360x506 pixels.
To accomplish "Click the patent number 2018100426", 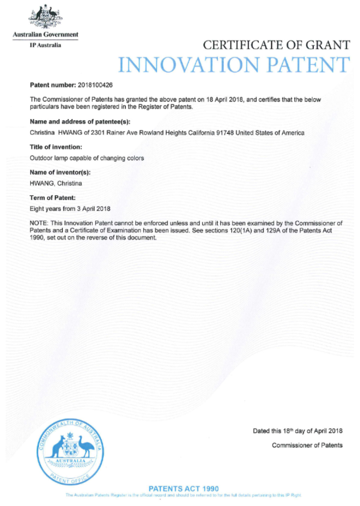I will [x=95, y=85].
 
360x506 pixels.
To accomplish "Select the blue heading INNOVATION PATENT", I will [x=233, y=65].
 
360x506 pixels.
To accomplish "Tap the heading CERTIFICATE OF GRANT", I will [x=276, y=45].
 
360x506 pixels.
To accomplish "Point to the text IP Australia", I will [x=45, y=45].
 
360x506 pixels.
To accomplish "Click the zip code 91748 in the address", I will [x=224, y=133].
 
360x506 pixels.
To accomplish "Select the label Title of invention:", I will [x=56, y=147].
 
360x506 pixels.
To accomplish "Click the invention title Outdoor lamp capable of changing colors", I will [x=87, y=158].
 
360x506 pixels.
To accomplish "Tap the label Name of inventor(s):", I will [x=60, y=172].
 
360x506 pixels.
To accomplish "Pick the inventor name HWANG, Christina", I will [x=56, y=183].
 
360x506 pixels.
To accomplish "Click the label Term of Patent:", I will [x=53, y=198].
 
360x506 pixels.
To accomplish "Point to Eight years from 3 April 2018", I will [x=70, y=209].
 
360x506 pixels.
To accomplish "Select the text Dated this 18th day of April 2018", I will [x=297, y=431].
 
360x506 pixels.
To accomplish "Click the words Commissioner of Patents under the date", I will [x=307, y=445].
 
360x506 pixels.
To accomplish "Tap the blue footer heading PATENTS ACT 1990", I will [x=184, y=489].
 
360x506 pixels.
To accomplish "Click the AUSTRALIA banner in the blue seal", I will [x=71, y=461].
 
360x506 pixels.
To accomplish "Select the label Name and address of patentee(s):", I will [x=80, y=122].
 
